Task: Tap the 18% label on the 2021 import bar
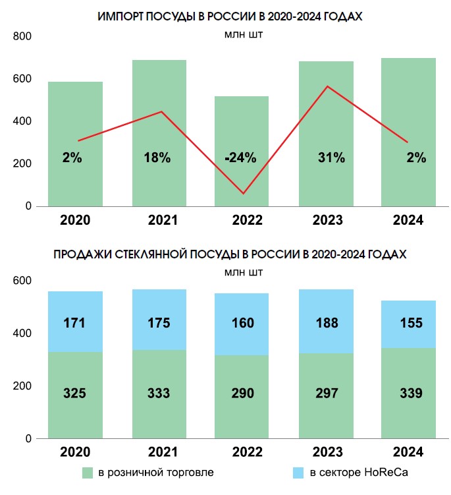click(159, 158)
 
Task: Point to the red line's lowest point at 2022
click(243, 193)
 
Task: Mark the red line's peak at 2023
click(327, 87)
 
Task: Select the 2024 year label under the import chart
click(409, 220)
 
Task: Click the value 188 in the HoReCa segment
click(326, 323)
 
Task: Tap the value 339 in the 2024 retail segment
click(409, 393)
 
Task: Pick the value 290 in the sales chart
click(242, 393)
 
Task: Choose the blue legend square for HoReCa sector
click(298, 473)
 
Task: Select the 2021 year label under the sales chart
click(159, 453)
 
